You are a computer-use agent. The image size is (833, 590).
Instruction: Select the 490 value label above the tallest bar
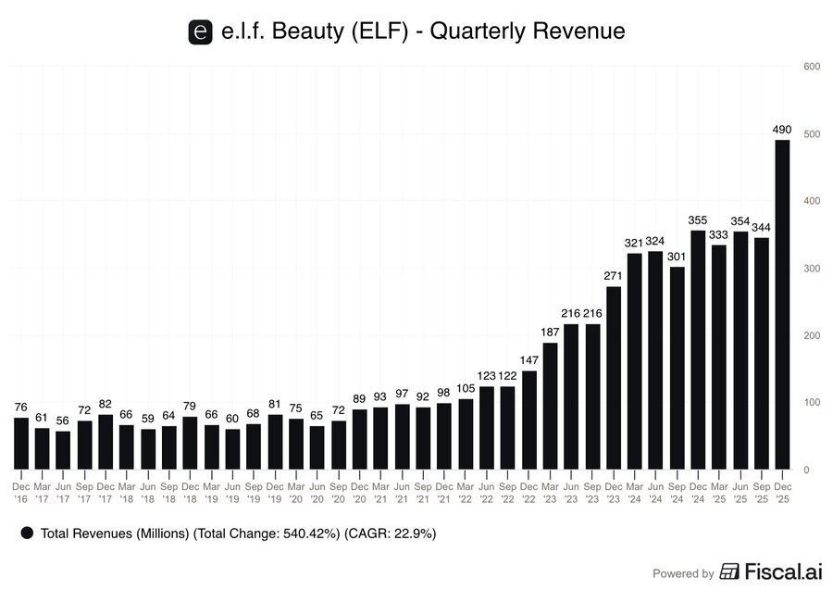click(782, 130)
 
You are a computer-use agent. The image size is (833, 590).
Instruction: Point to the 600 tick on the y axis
click(812, 67)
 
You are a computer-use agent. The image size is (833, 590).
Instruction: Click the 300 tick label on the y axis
click(812, 269)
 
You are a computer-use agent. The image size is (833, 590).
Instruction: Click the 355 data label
click(698, 220)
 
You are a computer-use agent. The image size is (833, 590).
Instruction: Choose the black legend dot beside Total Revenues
click(27, 534)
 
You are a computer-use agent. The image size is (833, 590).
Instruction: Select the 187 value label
click(550, 333)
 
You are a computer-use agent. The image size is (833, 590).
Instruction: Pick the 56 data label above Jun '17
click(63, 421)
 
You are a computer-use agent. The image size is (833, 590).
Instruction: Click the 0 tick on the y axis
click(806, 470)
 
